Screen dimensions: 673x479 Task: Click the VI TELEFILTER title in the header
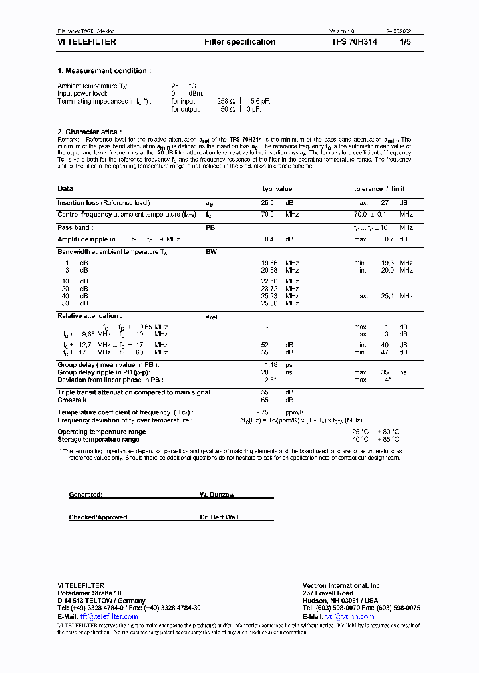[x=86, y=42]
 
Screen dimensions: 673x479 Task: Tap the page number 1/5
[x=405, y=42]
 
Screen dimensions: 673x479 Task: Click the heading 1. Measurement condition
[x=103, y=71]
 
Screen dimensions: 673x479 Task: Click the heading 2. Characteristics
[x=89, y=132]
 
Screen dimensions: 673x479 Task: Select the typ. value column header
[x=277, y=189]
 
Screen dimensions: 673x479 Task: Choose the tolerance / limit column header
[x=379, y=189]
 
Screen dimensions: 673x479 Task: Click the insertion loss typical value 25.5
[x=267, y=203]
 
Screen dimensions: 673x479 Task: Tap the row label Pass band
[x=74, y=227]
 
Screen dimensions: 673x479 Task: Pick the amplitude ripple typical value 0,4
[x=269, y=239]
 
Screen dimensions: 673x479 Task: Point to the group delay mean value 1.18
[x=270, y=365]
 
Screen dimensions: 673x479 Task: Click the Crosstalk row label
[x=72, y=400]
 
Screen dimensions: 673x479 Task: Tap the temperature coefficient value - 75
[x=268, y=413]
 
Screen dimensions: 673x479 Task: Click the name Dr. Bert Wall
[x=219, y=517]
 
